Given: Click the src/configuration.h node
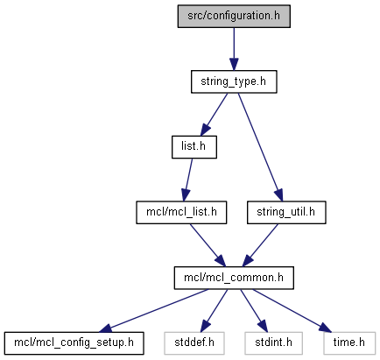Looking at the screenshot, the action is pos(234,17).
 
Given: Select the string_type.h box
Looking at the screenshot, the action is pos(234,81).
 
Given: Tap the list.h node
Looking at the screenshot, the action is pos(194,147).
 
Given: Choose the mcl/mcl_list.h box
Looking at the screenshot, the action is pos(181,213).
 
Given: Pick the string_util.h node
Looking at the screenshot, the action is pos(286,213).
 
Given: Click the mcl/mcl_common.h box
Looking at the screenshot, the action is pos(234,278).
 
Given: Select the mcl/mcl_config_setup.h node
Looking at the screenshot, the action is pos(74,343).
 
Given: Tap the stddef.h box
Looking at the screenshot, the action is pos(194,343).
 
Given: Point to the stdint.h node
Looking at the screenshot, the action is pos(273,343).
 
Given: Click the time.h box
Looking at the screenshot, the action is pos(349,343).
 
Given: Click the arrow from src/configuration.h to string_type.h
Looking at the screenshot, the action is pos(234,49).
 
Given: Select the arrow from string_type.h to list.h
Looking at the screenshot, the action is pos(214,115).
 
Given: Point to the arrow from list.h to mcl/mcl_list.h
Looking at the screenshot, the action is pos(187,180).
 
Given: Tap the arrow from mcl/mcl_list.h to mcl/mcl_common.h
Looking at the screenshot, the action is pos(208,245).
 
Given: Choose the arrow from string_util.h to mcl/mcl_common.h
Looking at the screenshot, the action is pos(260,245).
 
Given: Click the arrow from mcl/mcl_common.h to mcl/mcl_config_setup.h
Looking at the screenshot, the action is pos(154,311).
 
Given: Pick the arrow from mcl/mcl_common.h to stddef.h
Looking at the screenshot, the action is pos(214,311).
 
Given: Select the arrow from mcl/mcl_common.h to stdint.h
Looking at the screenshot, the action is pos(254,311).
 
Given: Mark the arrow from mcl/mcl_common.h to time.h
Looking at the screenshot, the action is pos(292,311).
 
